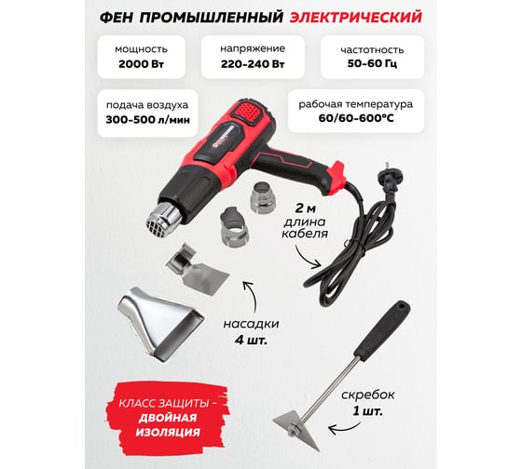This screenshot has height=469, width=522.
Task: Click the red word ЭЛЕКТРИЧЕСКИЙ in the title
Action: click(355, 18)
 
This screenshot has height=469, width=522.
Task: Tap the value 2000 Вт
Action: click(141, 64)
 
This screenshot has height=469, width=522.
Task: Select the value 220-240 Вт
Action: click(253, 64)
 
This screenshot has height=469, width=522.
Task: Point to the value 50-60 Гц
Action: click(372, 63)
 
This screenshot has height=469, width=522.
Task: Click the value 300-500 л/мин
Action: click(148, 119)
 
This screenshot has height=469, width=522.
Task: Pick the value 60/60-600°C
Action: click(356, 118)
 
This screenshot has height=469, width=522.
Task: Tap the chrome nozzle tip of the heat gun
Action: click(162, 216)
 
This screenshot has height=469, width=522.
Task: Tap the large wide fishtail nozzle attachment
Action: click(160, 323)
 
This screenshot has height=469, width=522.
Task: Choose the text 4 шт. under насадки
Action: click(251, 341)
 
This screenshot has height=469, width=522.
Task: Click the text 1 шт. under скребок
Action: click(367, 411)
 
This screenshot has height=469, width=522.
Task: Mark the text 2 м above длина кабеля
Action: click(305, 208)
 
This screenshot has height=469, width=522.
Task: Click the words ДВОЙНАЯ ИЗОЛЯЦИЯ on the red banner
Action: click(168, 425)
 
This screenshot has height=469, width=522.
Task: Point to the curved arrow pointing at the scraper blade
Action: click(346, 429)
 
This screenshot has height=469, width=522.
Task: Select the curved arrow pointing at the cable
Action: click(304, 259)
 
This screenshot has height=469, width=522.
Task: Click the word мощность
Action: click(141, 49)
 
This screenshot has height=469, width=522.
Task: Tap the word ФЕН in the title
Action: click(117, 18)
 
